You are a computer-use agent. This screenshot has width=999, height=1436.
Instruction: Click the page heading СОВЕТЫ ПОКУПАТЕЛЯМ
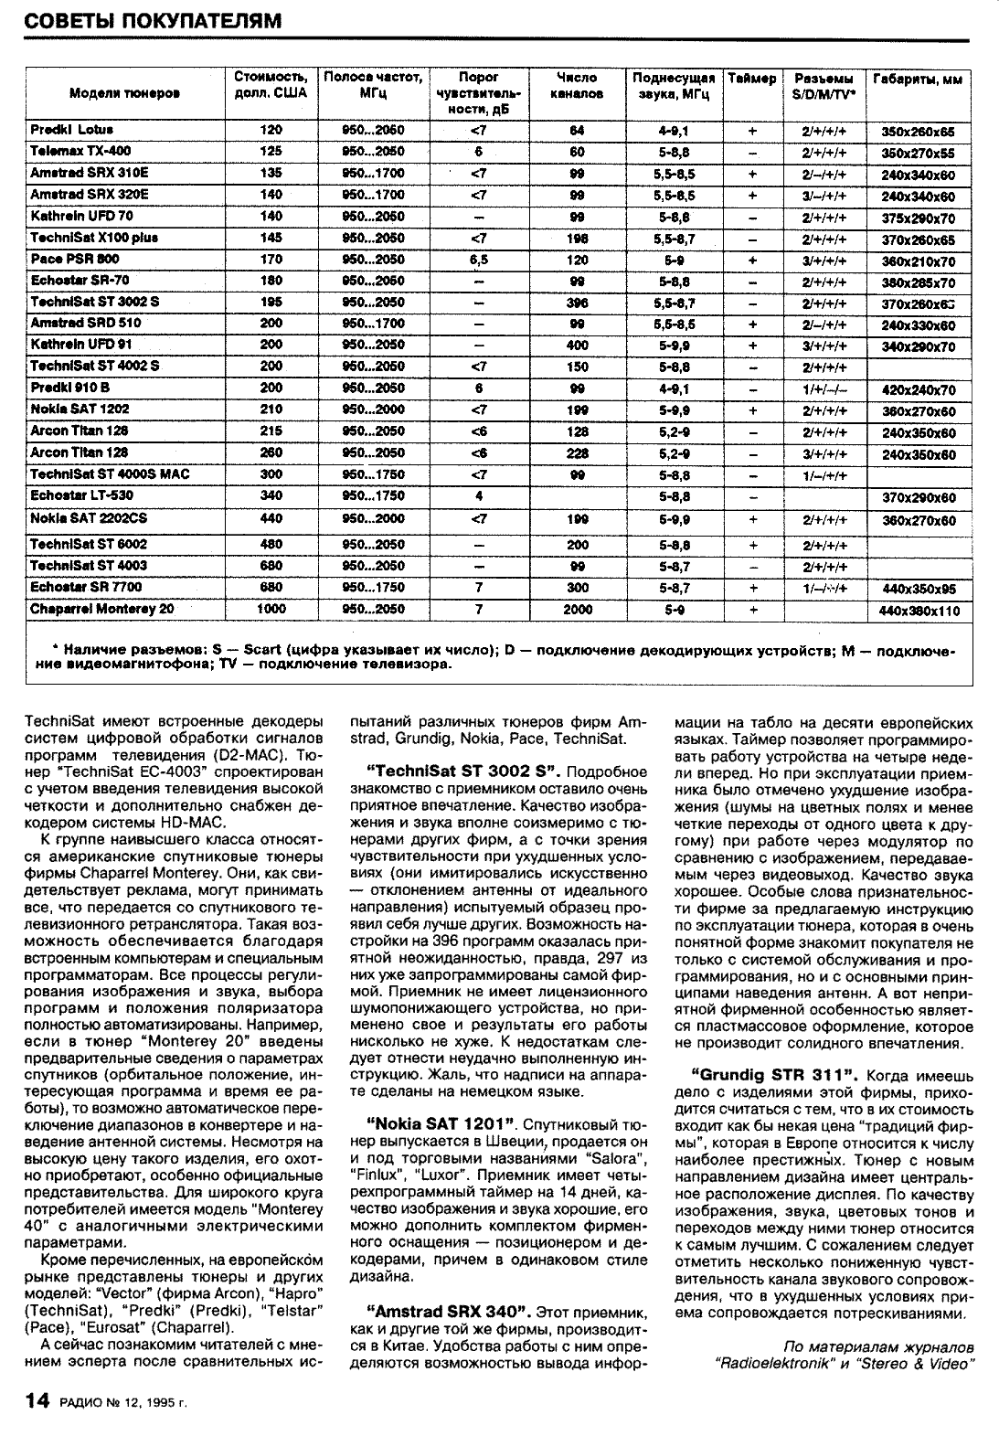[152, 20]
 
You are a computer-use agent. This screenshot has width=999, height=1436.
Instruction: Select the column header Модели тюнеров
[124, 93]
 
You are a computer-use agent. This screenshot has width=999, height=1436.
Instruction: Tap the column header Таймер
[752, 79]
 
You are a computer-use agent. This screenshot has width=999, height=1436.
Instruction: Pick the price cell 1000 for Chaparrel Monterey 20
[271, 609]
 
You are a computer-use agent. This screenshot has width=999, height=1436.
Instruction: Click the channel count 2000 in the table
[577, 610]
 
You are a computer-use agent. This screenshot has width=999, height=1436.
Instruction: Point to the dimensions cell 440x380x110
[918, 611]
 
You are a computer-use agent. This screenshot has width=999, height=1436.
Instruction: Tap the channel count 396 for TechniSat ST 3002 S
[577, 302]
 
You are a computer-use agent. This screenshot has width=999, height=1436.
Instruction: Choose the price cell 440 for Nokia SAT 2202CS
[271, 518]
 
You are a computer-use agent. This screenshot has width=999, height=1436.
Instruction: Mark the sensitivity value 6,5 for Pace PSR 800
[478, 260]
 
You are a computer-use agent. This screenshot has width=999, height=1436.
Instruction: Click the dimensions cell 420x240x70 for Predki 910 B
[918, 389]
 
